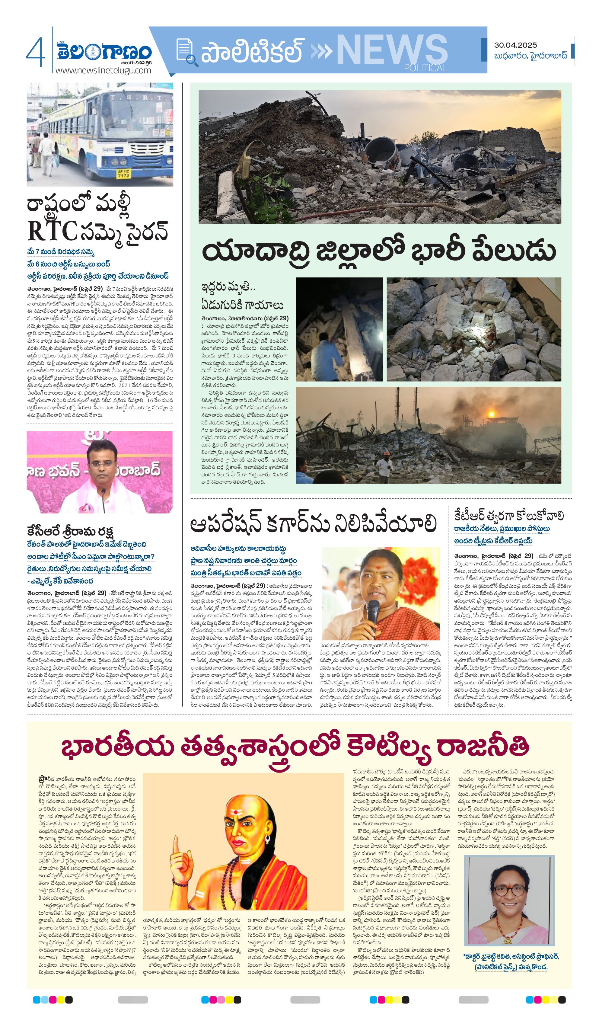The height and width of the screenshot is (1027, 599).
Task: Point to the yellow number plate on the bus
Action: click(x=123, y=174)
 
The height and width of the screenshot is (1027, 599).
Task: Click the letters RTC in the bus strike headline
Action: click(x=52, y=232)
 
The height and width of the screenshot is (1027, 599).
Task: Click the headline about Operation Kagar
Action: click(x=313, y=524)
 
